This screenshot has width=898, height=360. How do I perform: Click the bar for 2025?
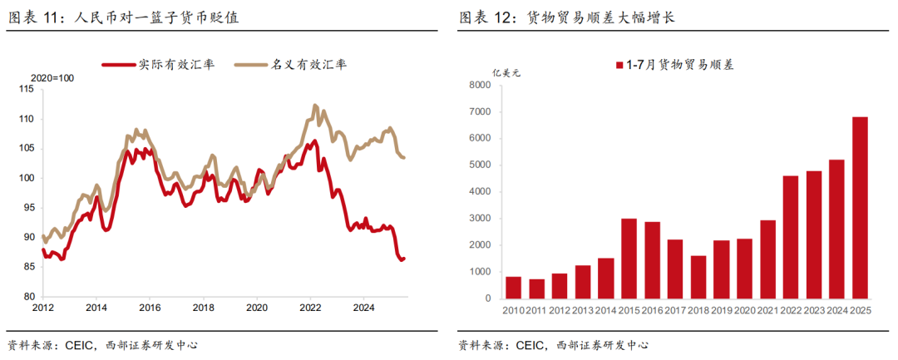[x=860, y=208]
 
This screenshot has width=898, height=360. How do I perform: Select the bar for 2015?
[x=629, y=259]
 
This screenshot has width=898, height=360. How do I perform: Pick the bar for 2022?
[x=791, y=237]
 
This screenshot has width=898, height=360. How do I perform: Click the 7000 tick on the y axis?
[x=480, y=111]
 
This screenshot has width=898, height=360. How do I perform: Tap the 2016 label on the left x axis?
[x=150, y=307]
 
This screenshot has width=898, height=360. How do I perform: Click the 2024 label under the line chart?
[x=364, y=307]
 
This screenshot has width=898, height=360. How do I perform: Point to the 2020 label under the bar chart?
[x=744, y=312]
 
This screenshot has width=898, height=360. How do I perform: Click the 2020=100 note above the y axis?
[x=52, y=78]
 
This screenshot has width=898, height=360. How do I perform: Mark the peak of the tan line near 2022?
[x=314, y=106]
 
